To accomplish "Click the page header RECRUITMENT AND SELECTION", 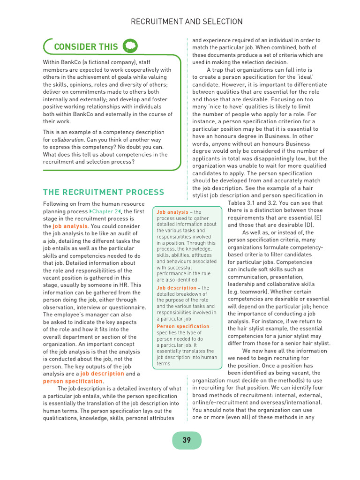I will point(187,22).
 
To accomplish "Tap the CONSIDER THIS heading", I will point(86,46).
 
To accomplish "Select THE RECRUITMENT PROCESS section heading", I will point(104,192).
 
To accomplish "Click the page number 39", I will point(187,440).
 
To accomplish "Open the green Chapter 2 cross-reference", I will point(105,211).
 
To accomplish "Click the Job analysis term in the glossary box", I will point(172,212).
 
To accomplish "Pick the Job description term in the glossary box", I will point(176,288).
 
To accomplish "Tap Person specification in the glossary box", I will point(183,326).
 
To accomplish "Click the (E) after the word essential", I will point(318,217).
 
